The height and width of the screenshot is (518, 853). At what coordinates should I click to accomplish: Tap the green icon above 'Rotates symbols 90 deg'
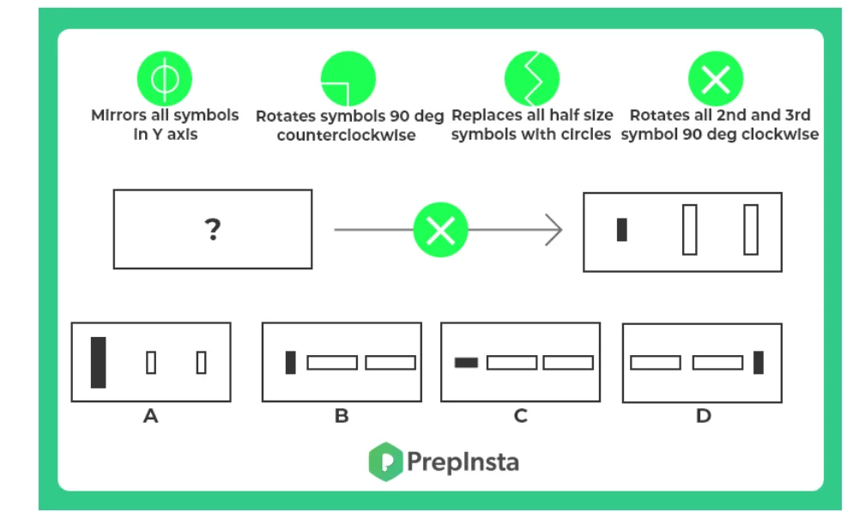tap(348, 80)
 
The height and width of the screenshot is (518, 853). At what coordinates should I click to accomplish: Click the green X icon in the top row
tap(716, 80)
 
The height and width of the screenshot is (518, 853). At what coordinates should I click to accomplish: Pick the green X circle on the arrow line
tap(441, 230)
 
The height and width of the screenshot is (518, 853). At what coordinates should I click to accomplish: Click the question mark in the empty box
tap(212, 229)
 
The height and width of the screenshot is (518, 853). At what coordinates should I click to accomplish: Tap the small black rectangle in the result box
tap(622, 230)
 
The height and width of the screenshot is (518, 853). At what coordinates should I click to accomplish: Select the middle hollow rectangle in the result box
tap(689, 230)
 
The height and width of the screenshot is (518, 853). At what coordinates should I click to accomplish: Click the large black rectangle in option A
tap(99, 362)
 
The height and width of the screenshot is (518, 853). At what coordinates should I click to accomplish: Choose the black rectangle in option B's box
tap(290, 362)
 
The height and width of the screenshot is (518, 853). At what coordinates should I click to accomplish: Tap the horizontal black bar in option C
tap(466, 362)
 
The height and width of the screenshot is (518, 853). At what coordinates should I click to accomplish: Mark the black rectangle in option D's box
tap(758, 362)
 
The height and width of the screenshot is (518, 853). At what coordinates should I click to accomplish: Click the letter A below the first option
tap(151, 417)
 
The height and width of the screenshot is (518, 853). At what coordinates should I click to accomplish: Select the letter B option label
tap(342, 417)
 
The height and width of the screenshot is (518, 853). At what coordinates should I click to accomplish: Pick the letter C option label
tap(520, 417)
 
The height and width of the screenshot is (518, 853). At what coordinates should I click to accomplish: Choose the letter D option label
tap(703, 417)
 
